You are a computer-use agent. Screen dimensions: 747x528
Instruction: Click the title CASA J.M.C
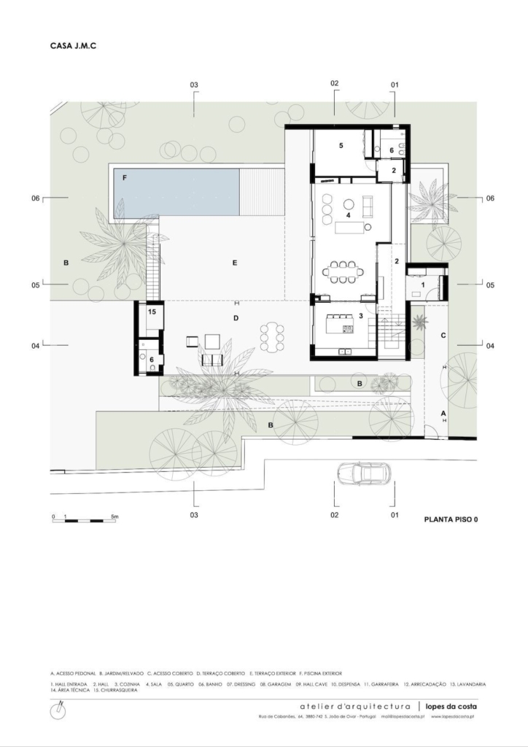(74, 45)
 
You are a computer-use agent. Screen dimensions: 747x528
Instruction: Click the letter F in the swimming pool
(125, 177)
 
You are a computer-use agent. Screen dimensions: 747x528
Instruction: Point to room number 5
(340, 146)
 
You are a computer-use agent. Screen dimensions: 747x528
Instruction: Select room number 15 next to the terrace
(152, 311)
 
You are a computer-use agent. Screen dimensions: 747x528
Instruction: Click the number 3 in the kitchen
(360, 316)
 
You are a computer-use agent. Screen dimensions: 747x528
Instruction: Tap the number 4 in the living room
(349, 215)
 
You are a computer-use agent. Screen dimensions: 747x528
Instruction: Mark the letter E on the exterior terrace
(235, 263)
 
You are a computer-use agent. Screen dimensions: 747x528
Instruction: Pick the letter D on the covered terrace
(236, 318)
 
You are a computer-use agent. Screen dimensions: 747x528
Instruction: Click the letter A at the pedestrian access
(443, 413)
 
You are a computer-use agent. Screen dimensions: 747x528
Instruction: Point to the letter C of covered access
(443, 335)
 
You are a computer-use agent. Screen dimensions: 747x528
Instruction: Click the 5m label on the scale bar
(114, 516)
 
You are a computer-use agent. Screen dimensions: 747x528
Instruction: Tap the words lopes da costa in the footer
(453, 706)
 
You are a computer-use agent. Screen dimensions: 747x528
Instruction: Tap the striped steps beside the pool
(260, 193)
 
